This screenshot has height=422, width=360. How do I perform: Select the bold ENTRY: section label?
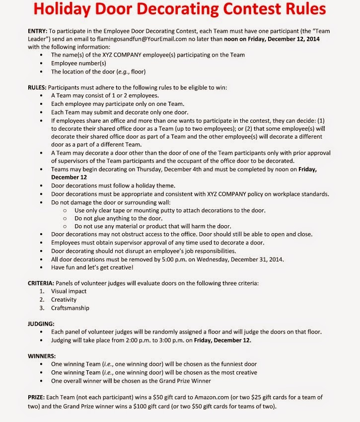coord(38,31)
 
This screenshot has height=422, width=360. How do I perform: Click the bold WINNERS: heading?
coord(42,356)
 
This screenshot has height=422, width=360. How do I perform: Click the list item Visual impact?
coord(69,291)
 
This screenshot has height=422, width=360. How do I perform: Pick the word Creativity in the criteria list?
coord(64,300)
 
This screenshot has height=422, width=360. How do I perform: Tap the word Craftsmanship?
coord(70,308)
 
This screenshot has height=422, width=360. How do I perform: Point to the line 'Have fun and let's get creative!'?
coord(92,267)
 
